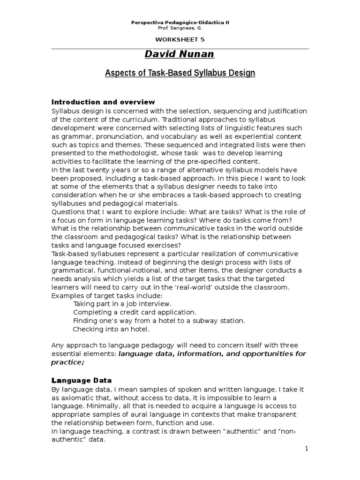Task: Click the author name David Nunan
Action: click(180, 54)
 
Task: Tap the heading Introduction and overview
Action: click(103, 102)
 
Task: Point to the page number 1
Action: click(307, 449)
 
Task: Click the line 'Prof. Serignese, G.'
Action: click(180, 28)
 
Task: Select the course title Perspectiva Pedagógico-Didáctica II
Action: click(180, 22)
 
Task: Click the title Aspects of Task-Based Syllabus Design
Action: click(180, 74)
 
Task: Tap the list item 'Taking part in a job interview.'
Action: click(119, 304)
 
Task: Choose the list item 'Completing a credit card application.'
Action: click(135, 312)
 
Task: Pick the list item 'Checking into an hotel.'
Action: click(112, 329)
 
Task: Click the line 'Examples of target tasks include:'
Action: click(107, 295)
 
